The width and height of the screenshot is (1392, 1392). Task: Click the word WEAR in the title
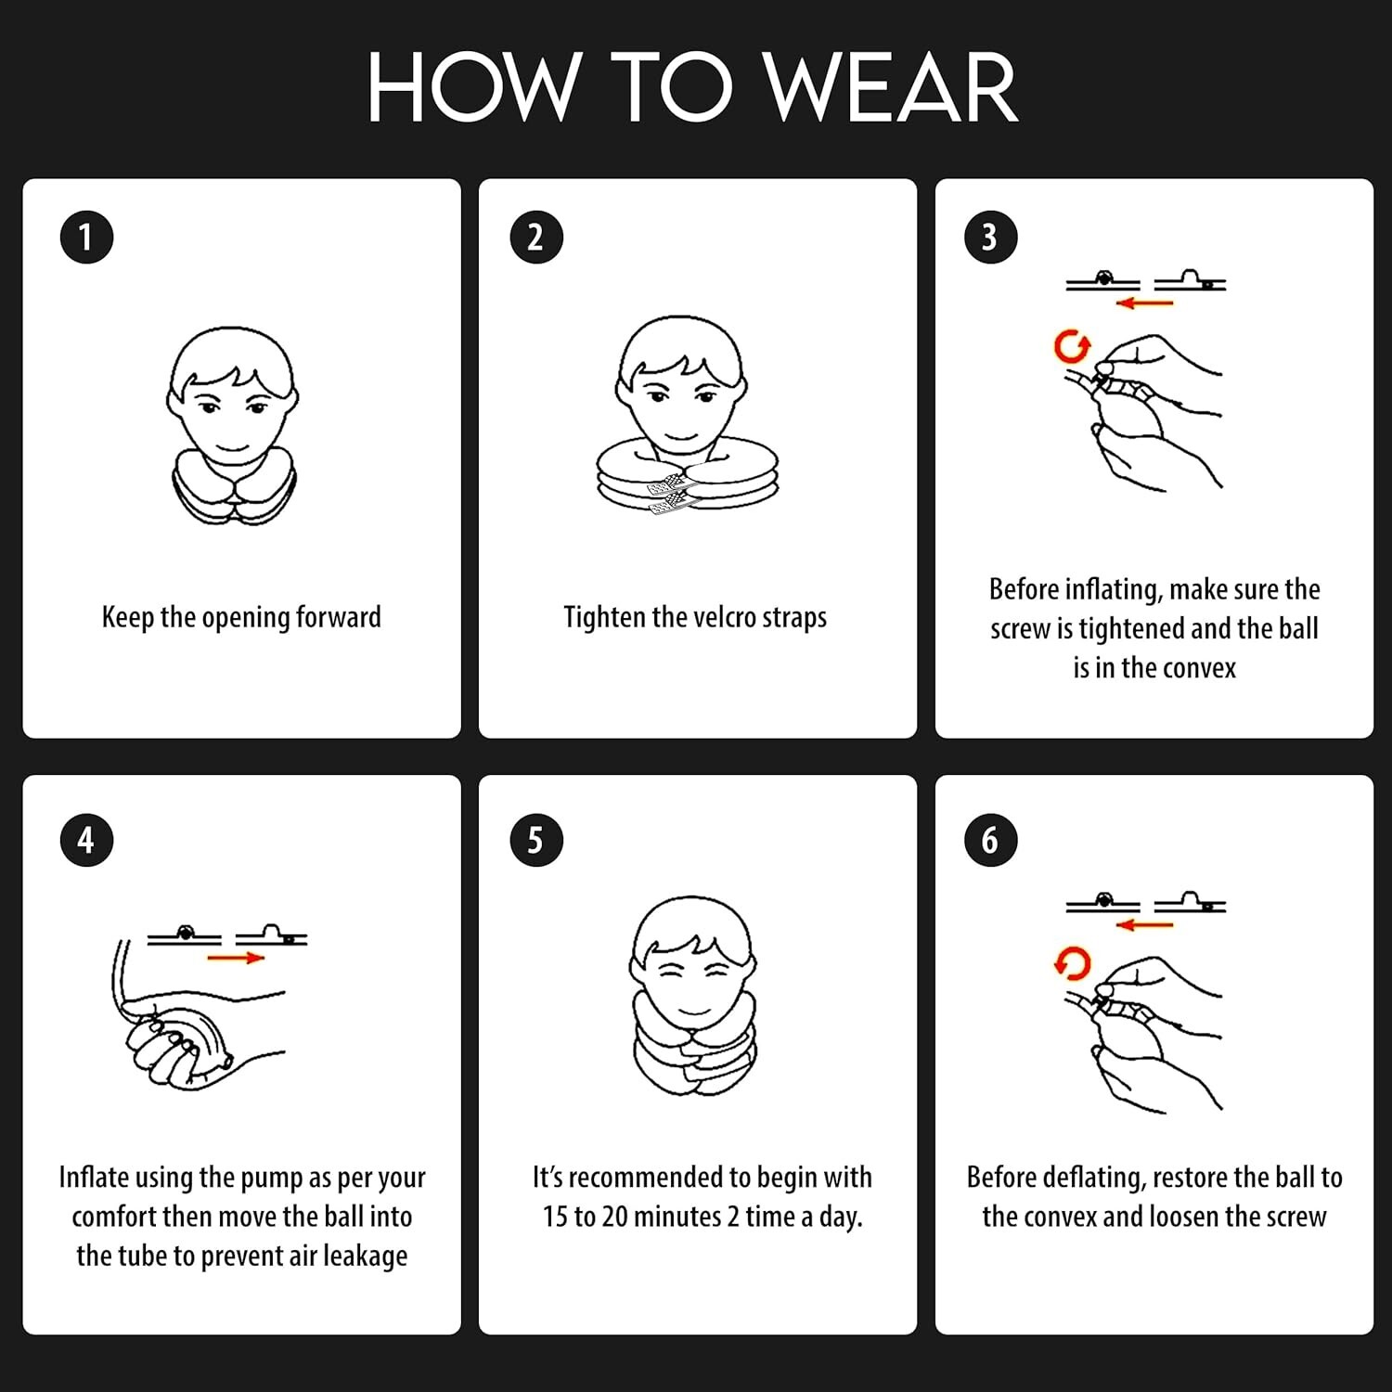point(891,88)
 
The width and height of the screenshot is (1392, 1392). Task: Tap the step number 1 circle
point(86,237)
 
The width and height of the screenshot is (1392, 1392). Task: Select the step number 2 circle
point(536,237)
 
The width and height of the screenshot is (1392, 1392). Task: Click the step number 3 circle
point(991,237)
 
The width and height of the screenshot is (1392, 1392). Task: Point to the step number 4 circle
point(86,840)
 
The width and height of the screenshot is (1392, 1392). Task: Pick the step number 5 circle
point(536,840)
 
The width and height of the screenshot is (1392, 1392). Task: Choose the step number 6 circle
point(991,840)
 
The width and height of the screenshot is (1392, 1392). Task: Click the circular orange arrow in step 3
point(1072,347)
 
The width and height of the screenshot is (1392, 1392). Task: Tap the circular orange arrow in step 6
point(1073,964)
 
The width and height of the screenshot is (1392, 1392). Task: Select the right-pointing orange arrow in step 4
point(236,958)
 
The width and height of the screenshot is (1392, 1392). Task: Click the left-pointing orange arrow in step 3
point(1145,303)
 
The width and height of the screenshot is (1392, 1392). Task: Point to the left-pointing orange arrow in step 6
point(1145,924)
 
